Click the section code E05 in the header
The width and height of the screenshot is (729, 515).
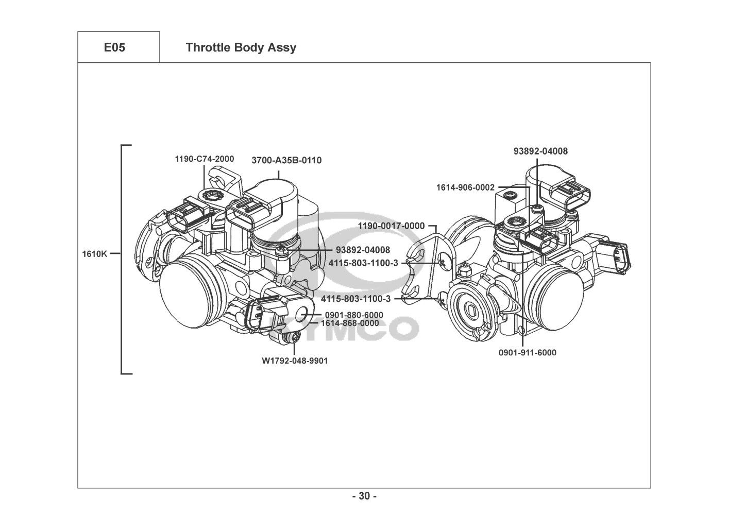coord(114,47)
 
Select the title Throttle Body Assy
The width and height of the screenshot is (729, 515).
coord(241,47)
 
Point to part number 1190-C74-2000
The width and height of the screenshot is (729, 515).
coord(205,159)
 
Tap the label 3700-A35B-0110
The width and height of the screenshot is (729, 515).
coord(286,160)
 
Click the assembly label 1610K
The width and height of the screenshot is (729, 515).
coord(94,254)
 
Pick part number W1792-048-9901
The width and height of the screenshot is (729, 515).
coord(295,361)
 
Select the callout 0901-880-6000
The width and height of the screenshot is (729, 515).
coord(354,315)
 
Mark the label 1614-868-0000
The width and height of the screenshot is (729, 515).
coord(350,323)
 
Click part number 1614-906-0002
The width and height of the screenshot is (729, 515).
coord(465,187)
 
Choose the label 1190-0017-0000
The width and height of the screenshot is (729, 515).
coord(391,226)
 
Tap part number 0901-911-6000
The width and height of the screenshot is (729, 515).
coord(528,353)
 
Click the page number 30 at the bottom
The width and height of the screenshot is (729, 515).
coord(365,496)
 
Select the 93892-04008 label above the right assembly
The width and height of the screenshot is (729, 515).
coord(540,151)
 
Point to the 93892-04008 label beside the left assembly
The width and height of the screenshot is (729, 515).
coord(363,250)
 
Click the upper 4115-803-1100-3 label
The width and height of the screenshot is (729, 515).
coord(363,263)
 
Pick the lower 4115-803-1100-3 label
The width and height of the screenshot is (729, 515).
coord(355,299)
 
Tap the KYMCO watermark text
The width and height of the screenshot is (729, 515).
coord(343,330)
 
